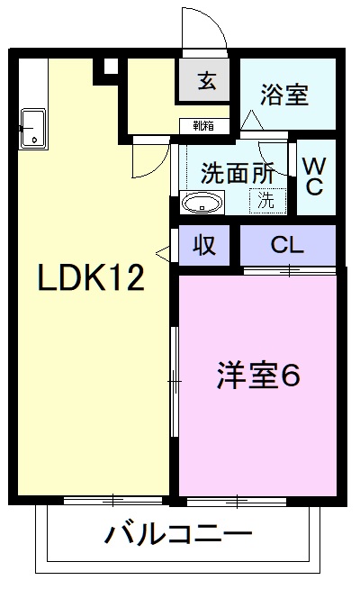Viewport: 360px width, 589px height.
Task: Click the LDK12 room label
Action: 90,278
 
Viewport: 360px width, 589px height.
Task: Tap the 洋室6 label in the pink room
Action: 256,375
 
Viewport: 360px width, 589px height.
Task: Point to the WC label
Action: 314,176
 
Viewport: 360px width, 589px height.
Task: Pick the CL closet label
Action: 286,245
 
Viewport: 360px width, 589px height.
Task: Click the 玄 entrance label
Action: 206,82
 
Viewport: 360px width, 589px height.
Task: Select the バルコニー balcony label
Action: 177,535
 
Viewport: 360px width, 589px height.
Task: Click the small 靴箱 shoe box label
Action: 203,126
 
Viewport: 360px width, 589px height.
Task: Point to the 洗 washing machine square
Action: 266,201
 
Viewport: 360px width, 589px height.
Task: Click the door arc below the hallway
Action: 145,160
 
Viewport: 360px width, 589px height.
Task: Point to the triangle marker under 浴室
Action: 251,119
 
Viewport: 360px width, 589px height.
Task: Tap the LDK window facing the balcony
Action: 112,501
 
